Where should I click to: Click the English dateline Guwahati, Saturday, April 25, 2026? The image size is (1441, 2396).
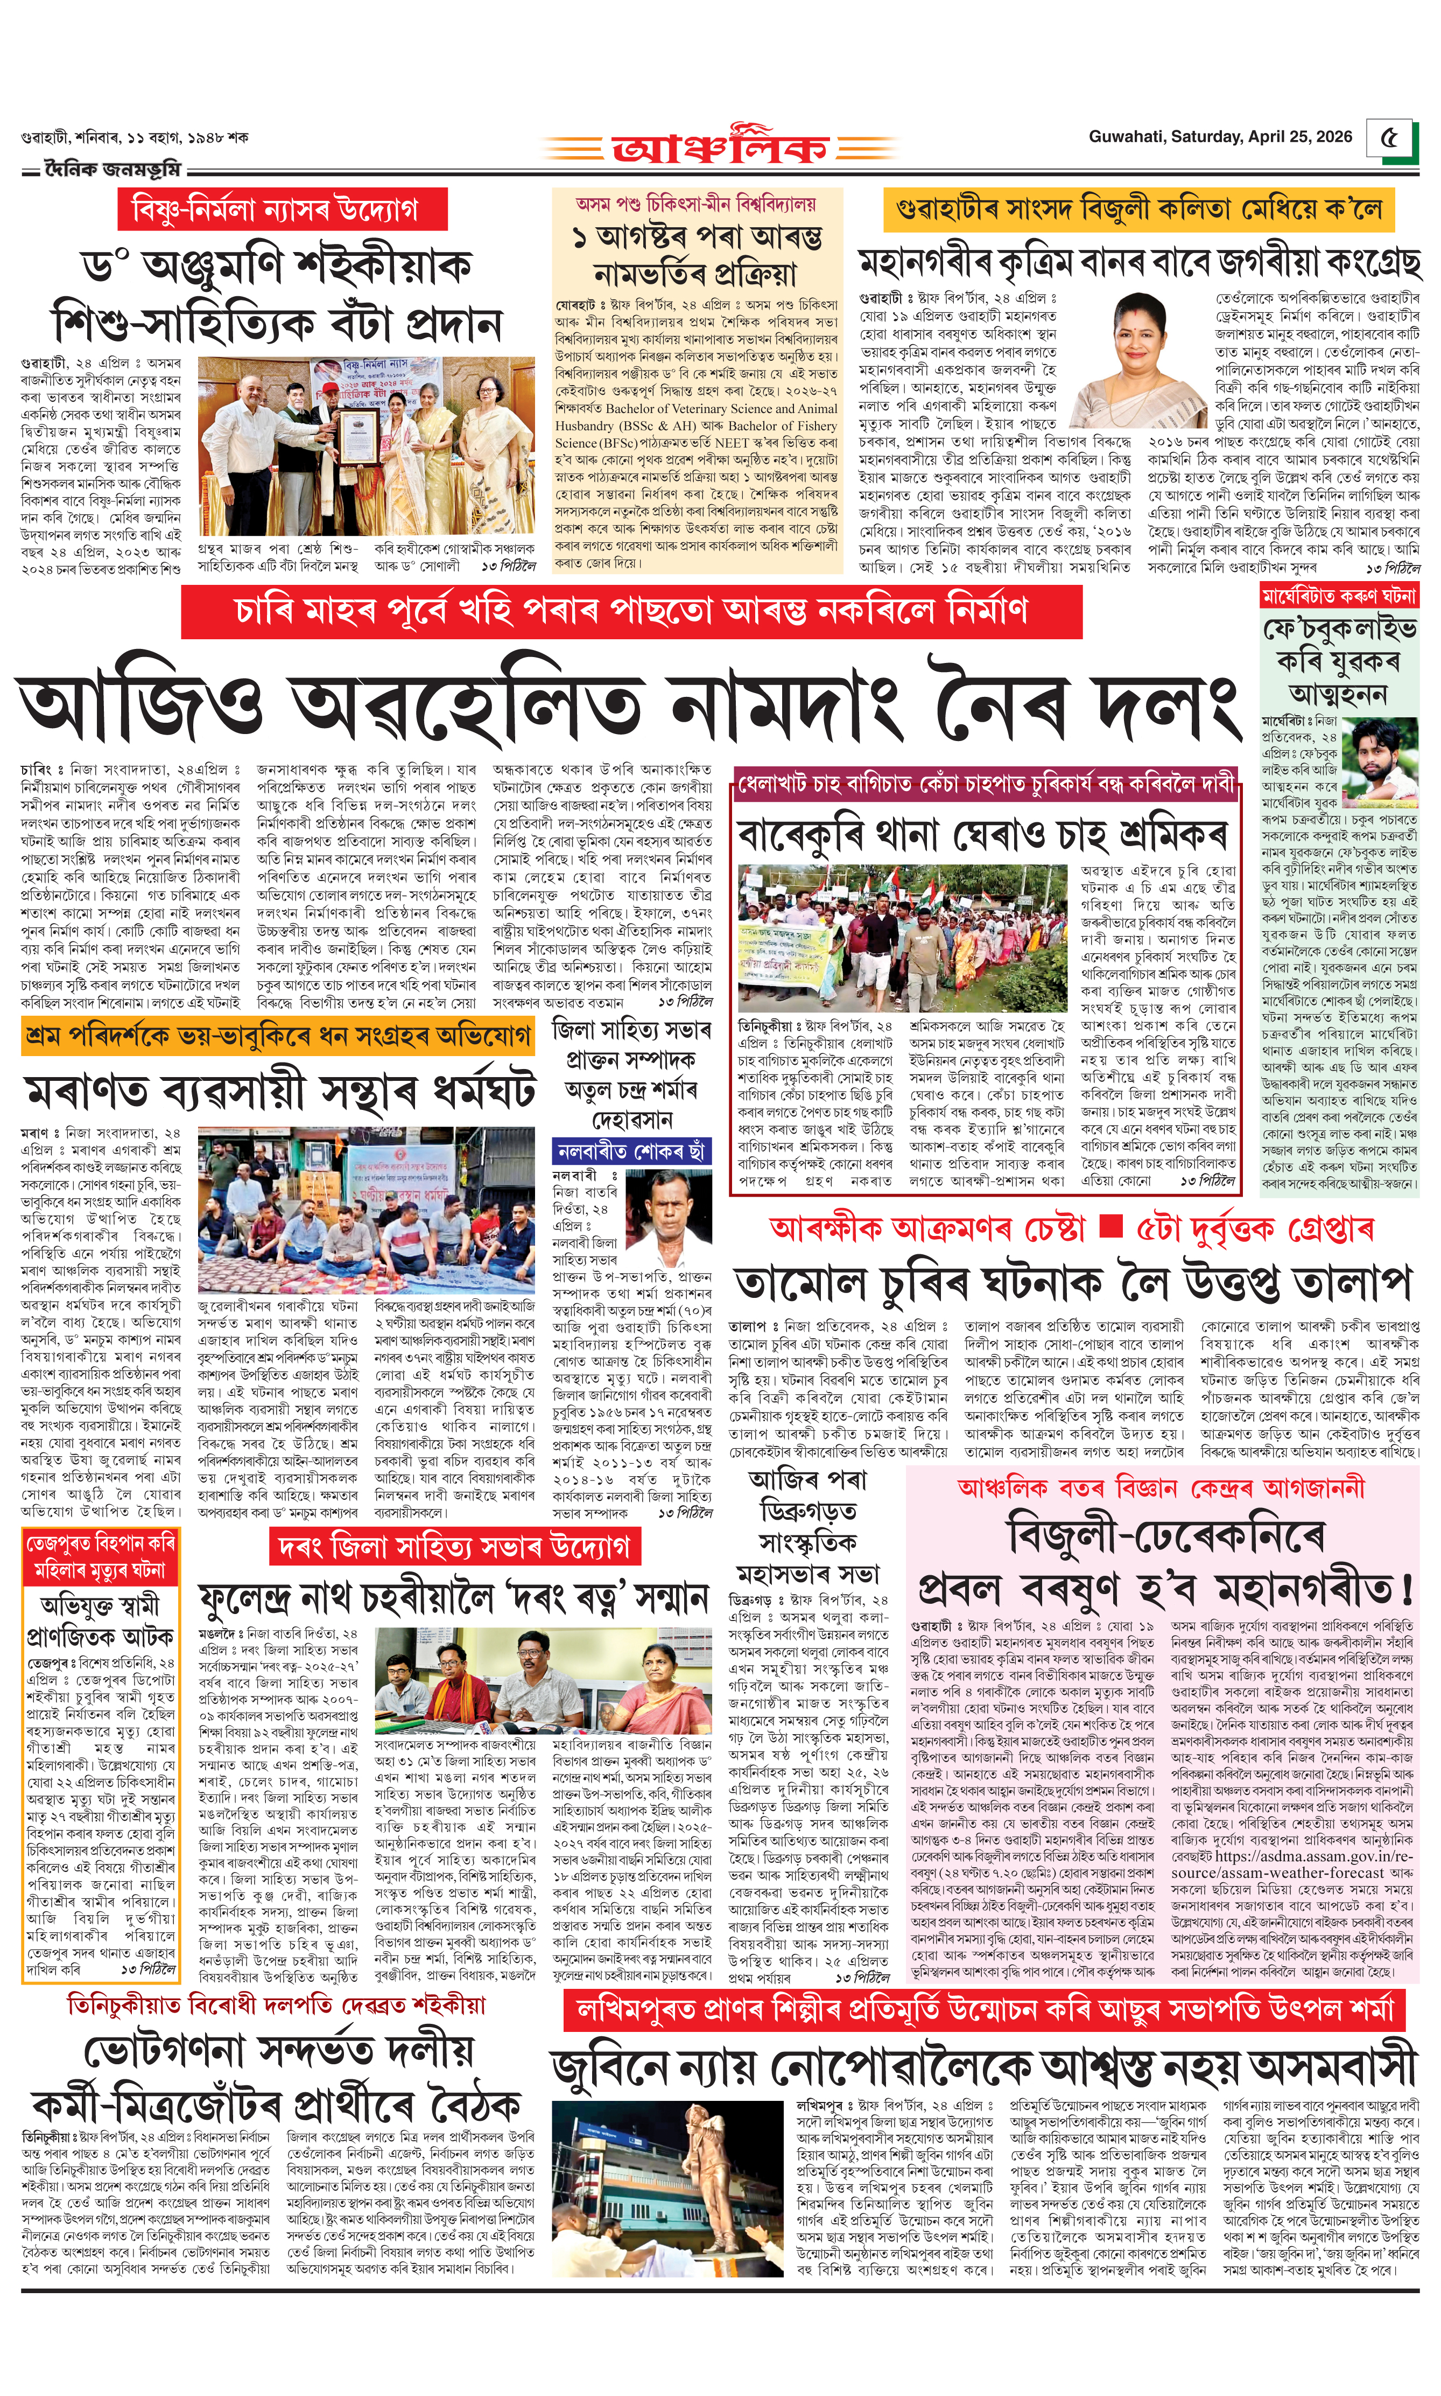1220,137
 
